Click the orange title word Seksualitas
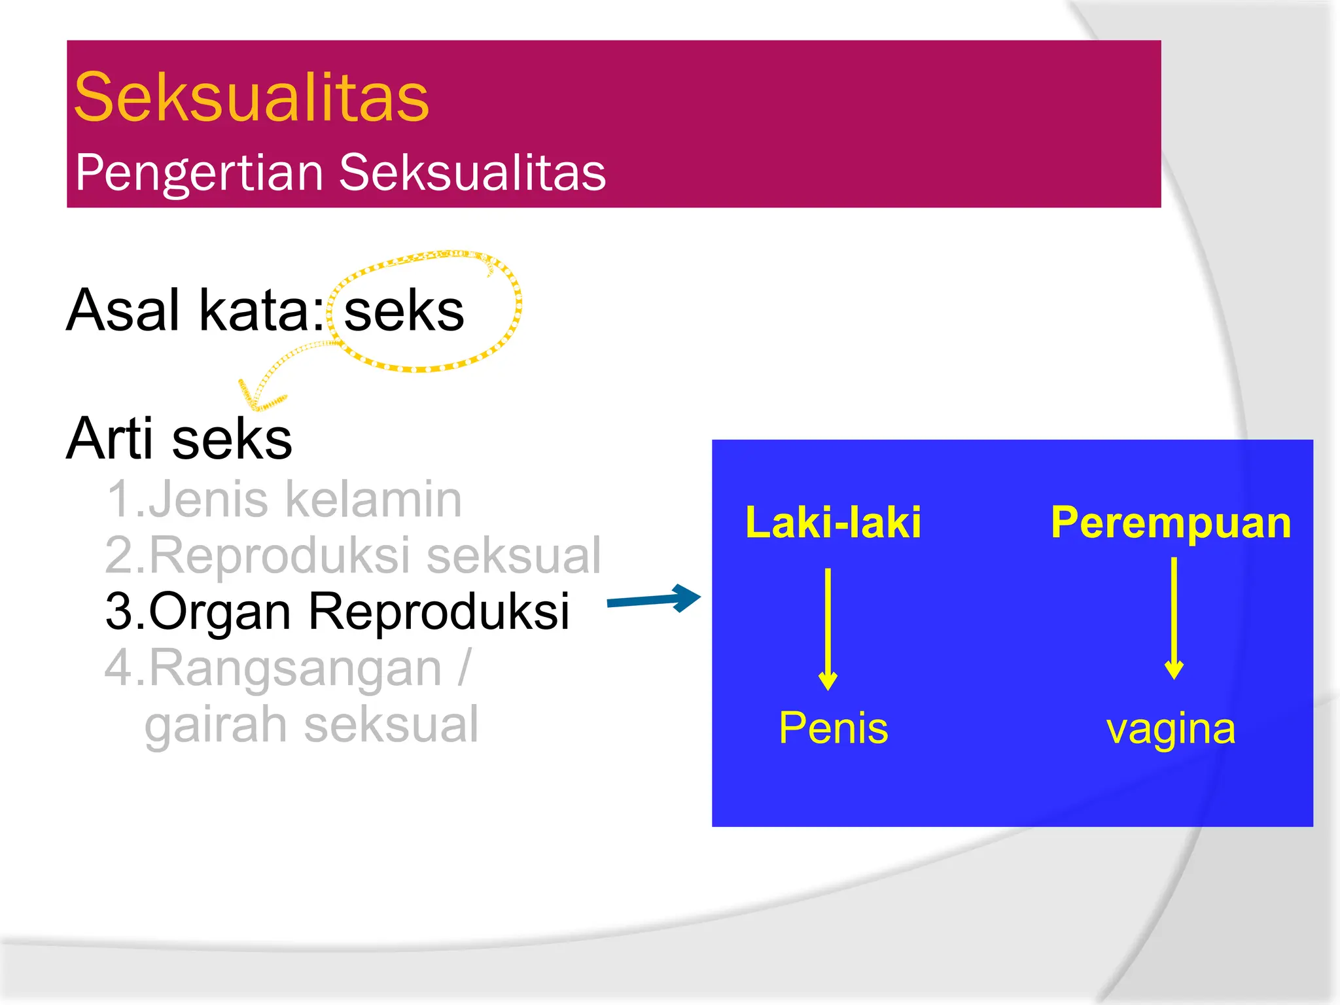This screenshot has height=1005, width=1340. coord(251,98)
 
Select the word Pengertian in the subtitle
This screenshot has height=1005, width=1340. coord(200,173)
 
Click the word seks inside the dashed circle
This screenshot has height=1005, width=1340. coord(404,311)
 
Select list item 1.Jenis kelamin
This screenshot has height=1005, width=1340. coord(284,499)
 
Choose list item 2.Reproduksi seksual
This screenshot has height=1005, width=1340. coord(353,555)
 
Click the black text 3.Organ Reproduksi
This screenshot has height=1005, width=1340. coord(338,611)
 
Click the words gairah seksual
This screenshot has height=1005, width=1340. coord(311,724)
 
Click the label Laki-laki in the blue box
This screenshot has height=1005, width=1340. coord(833,523)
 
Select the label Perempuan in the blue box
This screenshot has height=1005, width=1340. coord(1171,523)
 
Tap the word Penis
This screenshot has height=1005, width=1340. coord(833,728)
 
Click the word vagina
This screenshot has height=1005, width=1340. coord(1171,729)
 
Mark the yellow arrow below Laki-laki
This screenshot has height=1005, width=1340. coord(828,628)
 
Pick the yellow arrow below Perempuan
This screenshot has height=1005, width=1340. coord(1174,618)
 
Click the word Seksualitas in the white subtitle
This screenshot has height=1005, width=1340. coord(472,173)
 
